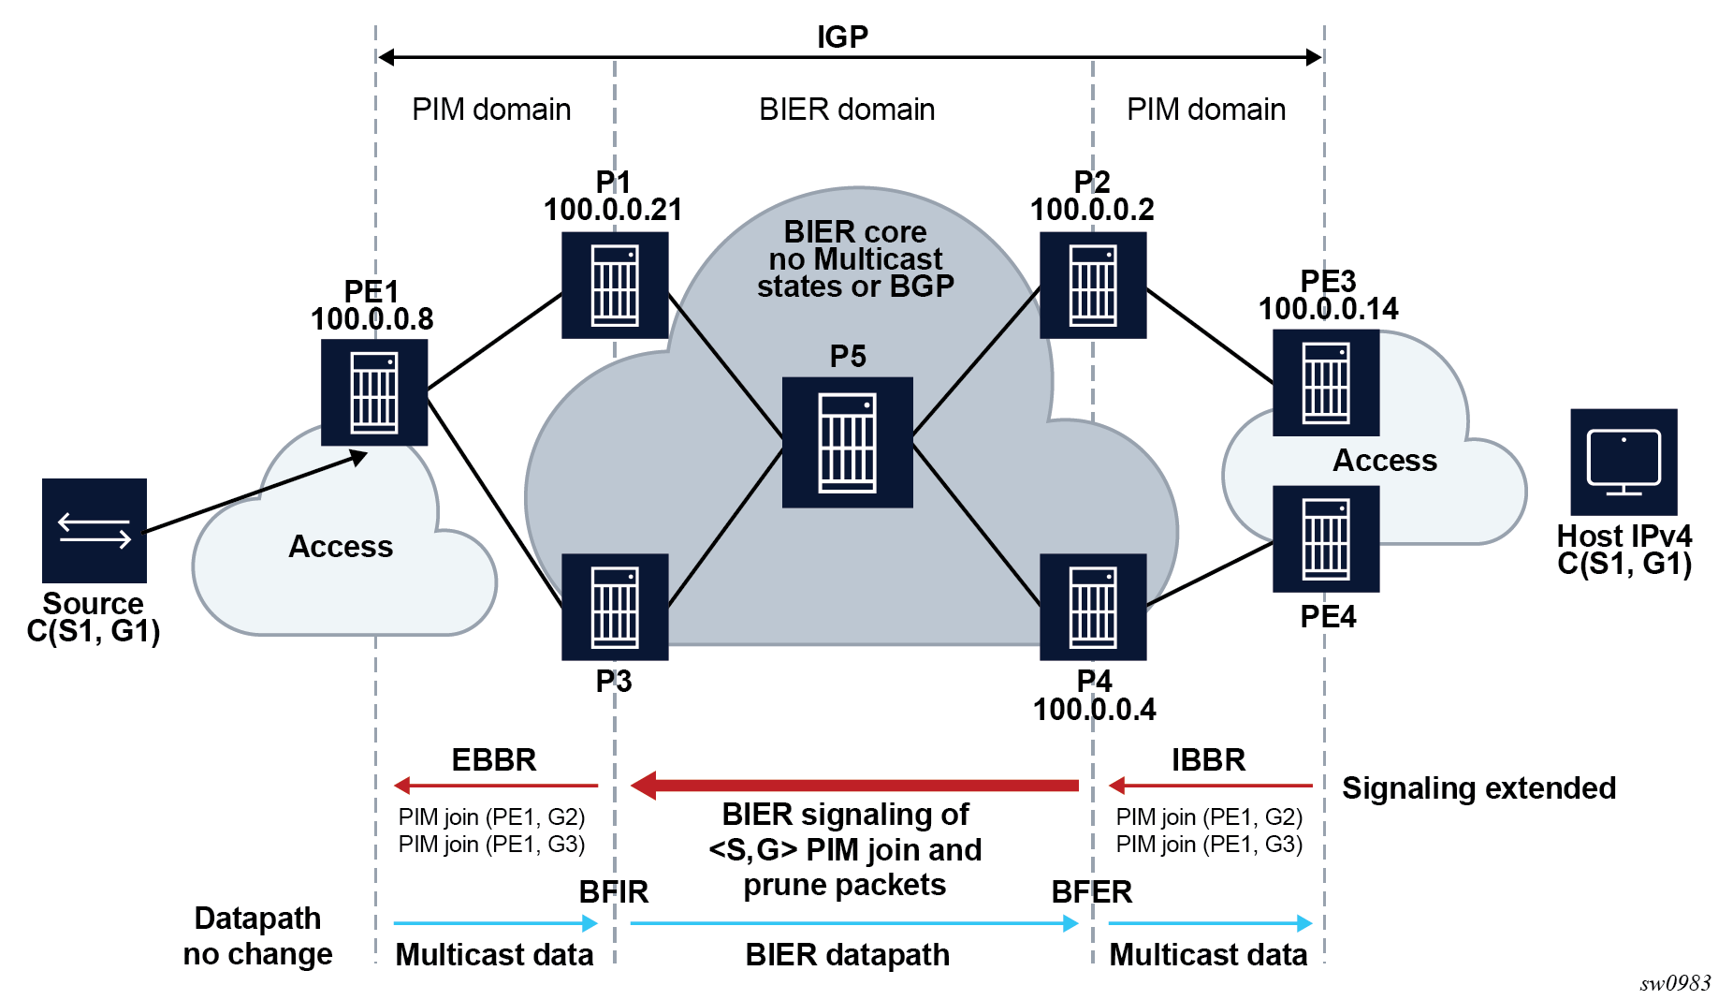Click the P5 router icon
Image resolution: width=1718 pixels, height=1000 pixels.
[x=847, y=442]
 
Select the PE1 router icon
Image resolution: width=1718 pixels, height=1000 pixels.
[x=374, y=392]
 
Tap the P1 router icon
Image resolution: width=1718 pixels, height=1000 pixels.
[x=615, y=285]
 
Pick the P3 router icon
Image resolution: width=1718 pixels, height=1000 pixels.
[x=615, y=607]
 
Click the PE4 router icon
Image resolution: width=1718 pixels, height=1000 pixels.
[x=1326, y=538]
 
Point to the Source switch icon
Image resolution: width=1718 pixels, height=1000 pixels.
[x=95, y=531]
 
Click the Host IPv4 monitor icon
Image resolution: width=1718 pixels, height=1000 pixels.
[x=1623, y=462]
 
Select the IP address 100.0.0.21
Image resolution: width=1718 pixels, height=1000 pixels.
[x=613, y=210]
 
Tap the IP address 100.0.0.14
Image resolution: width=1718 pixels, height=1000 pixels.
[x=1328, y=309]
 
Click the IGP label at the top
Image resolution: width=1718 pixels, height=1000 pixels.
[x=842, y=37]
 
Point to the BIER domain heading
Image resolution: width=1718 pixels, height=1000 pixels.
[x=847, y=110]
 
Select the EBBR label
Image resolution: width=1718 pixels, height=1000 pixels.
[x=494, y=759]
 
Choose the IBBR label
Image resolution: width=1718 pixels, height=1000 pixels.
[x=1208, y=759]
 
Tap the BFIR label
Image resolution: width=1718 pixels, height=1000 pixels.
[x=614, y=891]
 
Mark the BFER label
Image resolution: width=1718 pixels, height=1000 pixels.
[x=1092, y=891]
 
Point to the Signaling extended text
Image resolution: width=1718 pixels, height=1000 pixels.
[x=1478, y=788]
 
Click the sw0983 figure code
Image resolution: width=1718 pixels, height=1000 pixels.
[x=1675, y=983]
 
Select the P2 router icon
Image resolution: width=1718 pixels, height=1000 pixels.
[x=1093, y=285]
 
